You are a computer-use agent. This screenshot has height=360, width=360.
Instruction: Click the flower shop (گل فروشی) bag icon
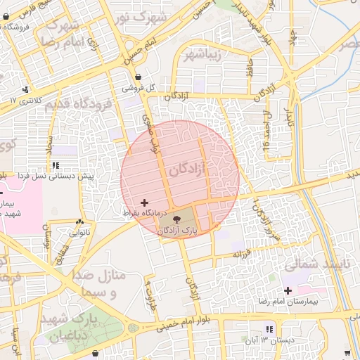click(x=137, y=77)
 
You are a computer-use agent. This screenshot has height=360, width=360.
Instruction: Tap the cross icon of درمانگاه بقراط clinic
click(x=145, y=202)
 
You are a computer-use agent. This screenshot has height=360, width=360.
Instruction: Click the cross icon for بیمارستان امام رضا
click(x=287, y=290)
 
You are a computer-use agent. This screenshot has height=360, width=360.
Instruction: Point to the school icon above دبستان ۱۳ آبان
click(x=269, y=330)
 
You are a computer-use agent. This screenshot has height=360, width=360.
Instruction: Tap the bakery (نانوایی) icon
click(x=79, y=222)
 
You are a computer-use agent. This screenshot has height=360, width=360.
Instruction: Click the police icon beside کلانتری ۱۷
click(x=26, y=89)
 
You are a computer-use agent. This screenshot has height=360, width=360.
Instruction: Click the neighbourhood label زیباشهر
click(x=199, y=55)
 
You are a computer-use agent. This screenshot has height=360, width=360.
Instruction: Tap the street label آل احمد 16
click(x=265, y=131)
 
